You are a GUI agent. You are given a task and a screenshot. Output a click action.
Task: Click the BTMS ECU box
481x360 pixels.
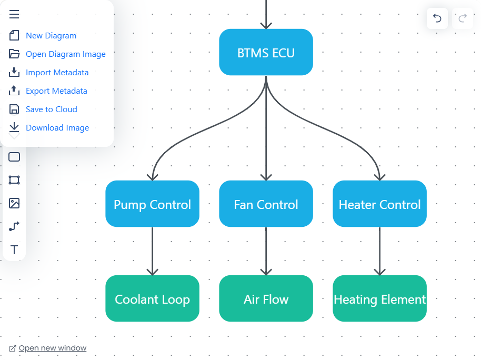point(266,53)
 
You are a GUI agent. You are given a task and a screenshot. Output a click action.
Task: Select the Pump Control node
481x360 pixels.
point(152,204)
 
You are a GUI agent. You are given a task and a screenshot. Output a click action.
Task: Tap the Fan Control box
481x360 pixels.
point(266,204)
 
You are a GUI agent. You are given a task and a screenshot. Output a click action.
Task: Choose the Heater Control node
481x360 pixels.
point(379,204)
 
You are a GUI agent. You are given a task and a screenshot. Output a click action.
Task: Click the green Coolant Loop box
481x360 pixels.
point(152,299)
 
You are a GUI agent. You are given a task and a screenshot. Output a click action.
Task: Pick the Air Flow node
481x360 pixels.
point(266,299)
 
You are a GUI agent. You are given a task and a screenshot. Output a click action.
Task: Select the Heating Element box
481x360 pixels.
point(379,299)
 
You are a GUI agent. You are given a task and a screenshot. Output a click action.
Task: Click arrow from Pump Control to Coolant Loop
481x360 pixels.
point(152,250)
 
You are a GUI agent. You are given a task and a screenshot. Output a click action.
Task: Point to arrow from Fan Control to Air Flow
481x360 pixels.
point(266,250)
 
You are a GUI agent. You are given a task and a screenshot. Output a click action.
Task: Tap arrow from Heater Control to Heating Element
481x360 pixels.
point(379,250)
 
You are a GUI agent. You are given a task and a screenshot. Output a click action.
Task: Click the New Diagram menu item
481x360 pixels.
point(51,36)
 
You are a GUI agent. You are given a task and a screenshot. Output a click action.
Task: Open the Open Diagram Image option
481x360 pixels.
point(65,54)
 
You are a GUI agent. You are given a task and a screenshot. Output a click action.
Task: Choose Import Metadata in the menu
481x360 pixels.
point(57,73)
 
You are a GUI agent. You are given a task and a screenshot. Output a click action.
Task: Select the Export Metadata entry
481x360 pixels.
point(56,91)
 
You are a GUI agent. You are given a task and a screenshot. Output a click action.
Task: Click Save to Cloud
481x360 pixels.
point(51,109)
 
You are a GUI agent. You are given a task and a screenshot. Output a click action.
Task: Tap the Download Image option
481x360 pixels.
point(57,128)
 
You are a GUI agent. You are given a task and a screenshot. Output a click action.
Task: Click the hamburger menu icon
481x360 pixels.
point(14,14)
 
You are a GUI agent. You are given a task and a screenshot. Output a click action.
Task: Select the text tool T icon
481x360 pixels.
point(14,249)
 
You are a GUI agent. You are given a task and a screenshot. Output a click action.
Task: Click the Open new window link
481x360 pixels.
point(52,348)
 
